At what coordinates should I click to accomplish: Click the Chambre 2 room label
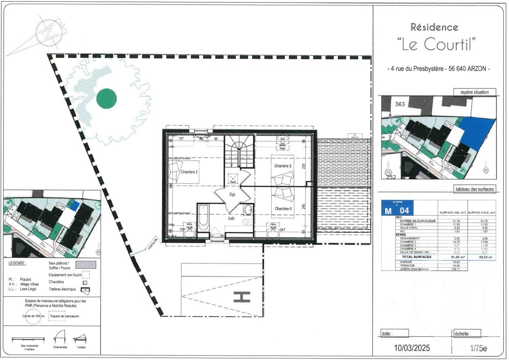189,172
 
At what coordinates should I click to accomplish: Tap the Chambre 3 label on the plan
283,166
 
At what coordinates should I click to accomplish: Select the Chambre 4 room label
283,208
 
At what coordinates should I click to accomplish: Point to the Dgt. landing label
232,195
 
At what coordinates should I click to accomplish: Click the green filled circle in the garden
107,98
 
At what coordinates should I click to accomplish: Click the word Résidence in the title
434,28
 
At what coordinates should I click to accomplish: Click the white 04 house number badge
404,210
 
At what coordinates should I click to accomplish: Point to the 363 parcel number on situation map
400,104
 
